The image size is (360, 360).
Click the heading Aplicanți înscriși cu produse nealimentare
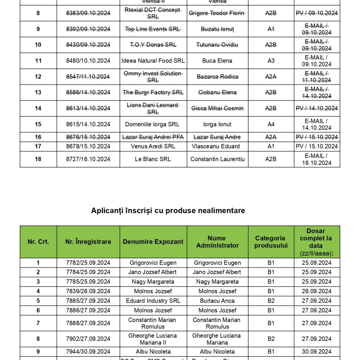(168, 211)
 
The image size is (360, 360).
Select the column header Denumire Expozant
(153, 242)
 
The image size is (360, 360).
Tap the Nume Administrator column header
(217, 242)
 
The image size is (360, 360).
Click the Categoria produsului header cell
(271, 242)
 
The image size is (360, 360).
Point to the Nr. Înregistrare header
(88, 242)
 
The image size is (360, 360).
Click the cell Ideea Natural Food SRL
(153, 61)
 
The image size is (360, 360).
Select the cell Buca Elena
(217, 61)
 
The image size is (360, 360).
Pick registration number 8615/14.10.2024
(88, 124)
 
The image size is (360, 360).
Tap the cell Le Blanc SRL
(153, 159)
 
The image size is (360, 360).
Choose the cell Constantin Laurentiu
(217, 159)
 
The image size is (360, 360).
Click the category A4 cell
(271, 124)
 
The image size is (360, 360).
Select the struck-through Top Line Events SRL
(153, 29)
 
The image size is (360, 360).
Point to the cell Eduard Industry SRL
(153, 301)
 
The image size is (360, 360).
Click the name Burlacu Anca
(217, 301)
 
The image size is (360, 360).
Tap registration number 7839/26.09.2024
(88, 291)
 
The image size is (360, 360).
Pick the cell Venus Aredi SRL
(153, 146)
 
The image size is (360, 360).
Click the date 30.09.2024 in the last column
(317, 352)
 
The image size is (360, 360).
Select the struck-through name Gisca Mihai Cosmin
(217, 108)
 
